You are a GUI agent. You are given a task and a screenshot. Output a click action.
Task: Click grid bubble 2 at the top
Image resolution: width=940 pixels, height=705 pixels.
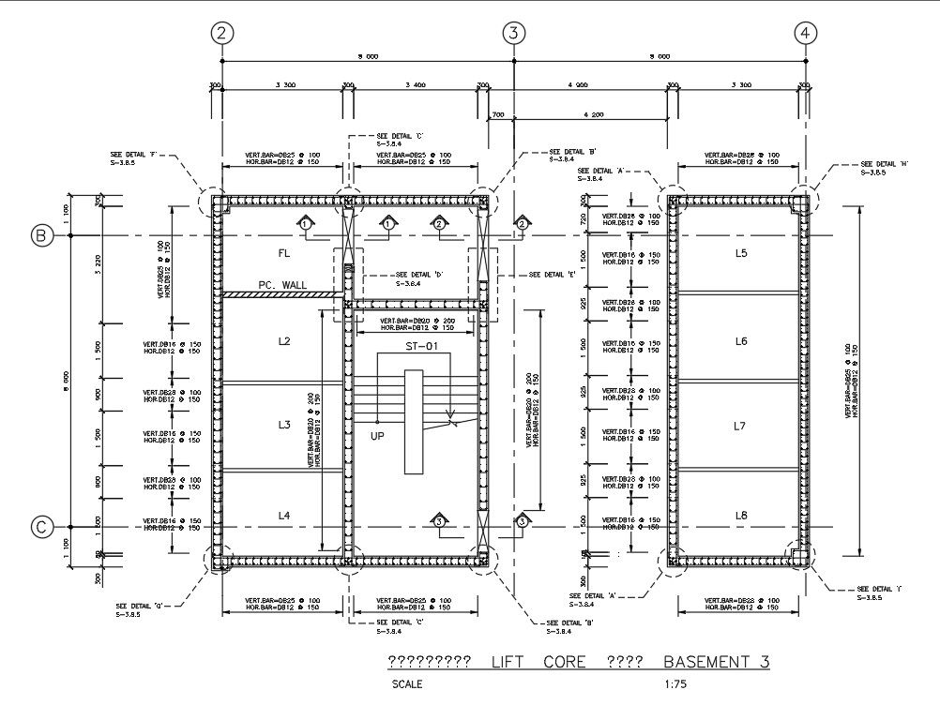pos(222,33)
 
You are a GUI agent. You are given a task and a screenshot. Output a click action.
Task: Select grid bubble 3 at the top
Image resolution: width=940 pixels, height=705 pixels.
pos(512,33)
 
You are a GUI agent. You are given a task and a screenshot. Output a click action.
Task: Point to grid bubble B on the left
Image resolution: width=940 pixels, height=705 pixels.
pos(41,235)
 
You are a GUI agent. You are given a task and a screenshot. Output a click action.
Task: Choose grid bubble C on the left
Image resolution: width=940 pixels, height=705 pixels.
pos(41,528)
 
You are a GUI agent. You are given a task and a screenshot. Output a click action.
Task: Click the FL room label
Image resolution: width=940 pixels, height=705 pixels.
pos(284,253)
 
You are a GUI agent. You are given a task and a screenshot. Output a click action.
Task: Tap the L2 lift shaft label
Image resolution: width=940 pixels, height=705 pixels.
pos(284,341)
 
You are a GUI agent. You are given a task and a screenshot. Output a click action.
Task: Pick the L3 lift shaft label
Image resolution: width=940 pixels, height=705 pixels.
pos(284,425)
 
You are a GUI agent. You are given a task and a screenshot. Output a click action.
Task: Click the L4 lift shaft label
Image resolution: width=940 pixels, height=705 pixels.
pos(284,516)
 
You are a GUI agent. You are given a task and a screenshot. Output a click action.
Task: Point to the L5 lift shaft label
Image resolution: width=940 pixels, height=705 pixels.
pos(740,254)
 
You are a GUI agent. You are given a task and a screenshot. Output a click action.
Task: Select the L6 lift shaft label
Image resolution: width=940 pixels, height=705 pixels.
pos(740,341)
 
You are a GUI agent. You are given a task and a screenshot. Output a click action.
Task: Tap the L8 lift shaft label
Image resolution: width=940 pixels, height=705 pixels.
pos(740,515)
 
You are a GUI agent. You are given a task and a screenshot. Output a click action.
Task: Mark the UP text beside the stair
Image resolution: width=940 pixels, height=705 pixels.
pos(377,436)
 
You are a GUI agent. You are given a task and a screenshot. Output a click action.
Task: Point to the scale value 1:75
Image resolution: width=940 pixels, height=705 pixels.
pos(675,684)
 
